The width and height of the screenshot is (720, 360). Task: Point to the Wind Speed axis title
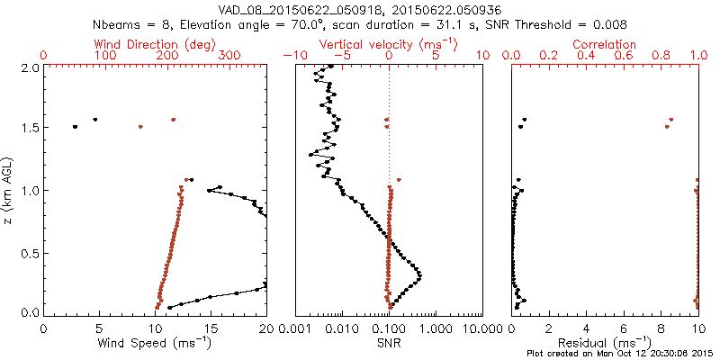tap(156, 343)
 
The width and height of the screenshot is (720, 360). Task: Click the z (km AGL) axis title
tap(10, 189)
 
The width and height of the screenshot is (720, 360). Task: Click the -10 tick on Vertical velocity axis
tap(293, 56)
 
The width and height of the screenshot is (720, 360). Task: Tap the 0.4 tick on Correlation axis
tap(586, 56)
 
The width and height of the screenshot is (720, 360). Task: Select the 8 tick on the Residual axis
tap(661, 329)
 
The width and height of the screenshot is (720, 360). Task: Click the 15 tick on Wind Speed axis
tap(211, 329)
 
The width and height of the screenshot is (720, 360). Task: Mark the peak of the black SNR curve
tap(420, 275)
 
